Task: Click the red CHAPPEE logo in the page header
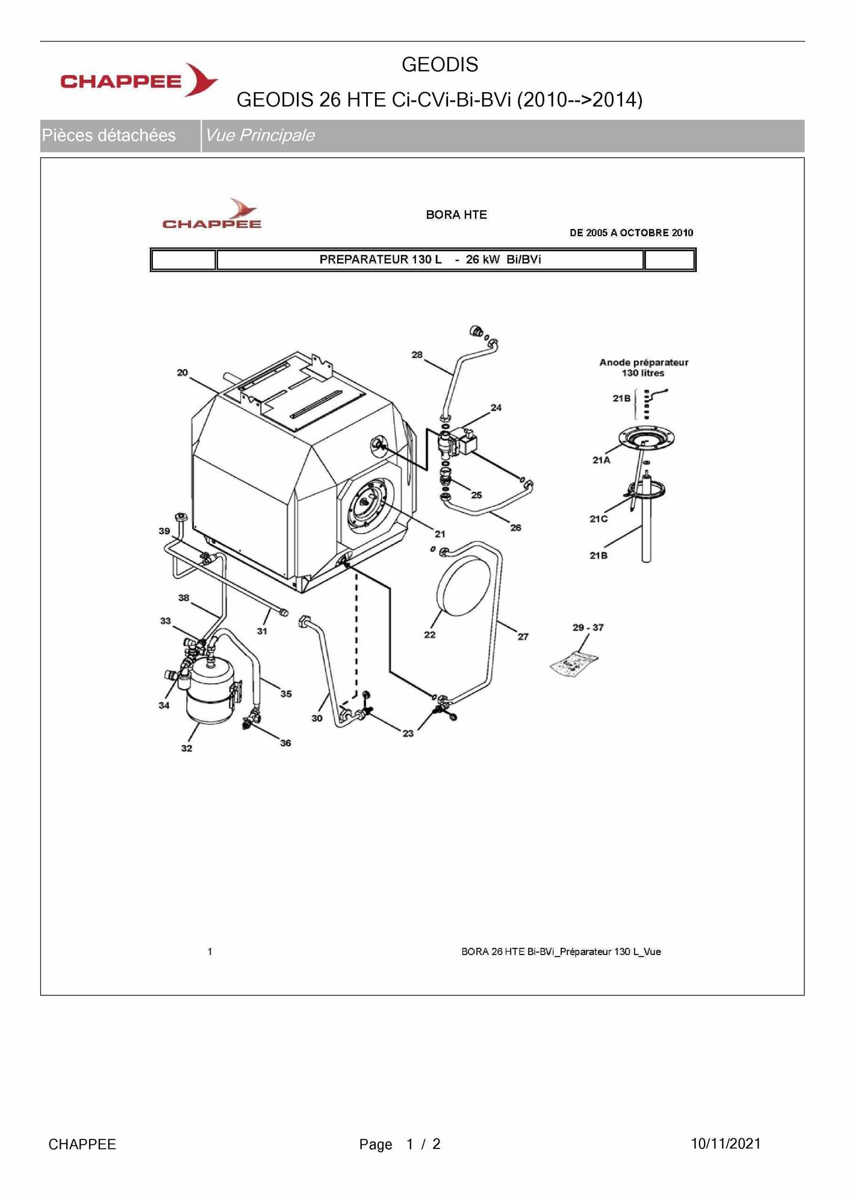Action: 139,80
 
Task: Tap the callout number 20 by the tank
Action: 182,373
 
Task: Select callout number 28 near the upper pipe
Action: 417,355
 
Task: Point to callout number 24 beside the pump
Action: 496,408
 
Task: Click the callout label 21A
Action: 601,460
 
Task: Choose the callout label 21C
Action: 599,519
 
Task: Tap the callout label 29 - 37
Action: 588,628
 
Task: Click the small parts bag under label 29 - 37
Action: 574,664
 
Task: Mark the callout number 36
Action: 285,743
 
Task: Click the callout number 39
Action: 164,531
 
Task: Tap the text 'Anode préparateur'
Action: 644,363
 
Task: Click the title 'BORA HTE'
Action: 456,214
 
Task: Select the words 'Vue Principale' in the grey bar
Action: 260,135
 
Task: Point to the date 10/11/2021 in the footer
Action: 726,1144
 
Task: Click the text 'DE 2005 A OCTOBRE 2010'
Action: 632,233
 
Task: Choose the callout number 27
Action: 523,637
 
